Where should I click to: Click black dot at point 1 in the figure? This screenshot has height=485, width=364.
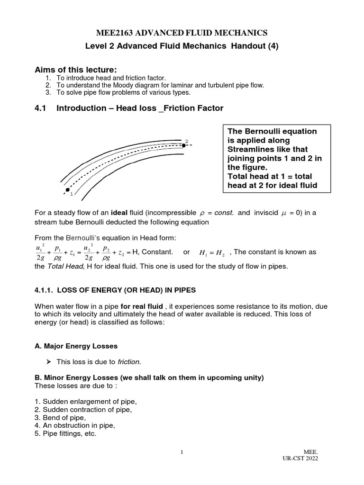tap(68, 189)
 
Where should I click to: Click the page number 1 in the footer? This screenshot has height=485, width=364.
tap(182, 452)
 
